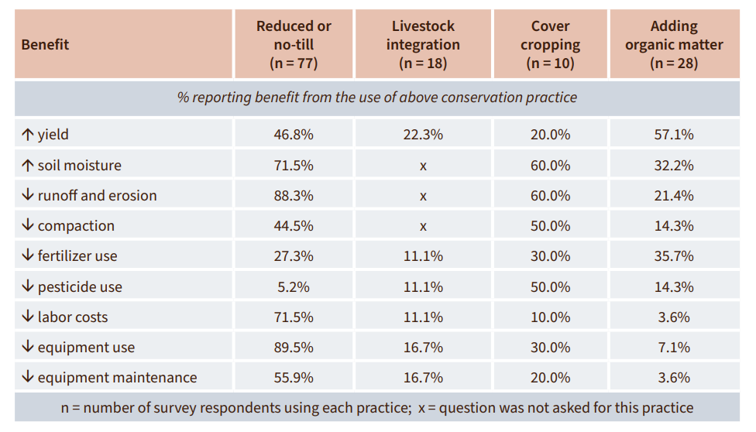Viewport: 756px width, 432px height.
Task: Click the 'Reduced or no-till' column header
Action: pos(294,44)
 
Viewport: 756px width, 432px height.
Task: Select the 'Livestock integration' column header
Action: pos(423,44)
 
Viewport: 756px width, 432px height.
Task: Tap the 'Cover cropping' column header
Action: pos(550,44)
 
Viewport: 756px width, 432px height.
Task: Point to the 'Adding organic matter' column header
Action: pos(674,44)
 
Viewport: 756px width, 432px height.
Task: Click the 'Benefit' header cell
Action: pos(45,45)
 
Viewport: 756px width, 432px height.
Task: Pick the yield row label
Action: pos(53,135)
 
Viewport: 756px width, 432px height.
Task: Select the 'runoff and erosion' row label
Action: pos(97,196)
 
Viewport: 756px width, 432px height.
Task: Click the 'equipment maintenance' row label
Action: pos(117,378)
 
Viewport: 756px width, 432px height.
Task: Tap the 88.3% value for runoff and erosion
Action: pos(294,196)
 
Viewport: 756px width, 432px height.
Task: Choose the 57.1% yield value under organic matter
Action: pos(674,135)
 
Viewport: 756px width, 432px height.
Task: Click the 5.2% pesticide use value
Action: pos(294,287)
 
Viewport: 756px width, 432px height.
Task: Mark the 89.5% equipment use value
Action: pos(294,348)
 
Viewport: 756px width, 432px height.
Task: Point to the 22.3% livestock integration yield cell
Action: pos(423,135)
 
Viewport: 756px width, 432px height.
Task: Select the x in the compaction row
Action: pos(423,226)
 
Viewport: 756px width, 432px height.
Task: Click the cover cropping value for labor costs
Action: pos(550,317)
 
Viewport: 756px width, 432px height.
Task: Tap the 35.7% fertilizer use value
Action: pos(674,256)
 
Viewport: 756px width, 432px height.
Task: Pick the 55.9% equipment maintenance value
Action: pos(294,378)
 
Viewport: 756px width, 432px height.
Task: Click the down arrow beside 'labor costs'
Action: pos(28,317)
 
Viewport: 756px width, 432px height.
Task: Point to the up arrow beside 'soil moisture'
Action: pos(28,165)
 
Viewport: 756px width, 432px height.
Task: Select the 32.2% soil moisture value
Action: pos(674,165)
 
